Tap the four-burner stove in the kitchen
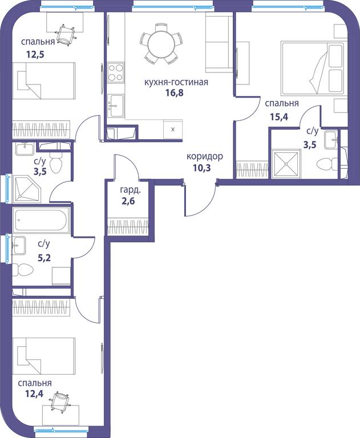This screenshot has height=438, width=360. click(x=115, y=72)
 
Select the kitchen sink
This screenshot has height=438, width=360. click(x=115, y=106)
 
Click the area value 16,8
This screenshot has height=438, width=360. click(x=174, y=92)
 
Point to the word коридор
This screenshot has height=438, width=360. click(x=205, y=156)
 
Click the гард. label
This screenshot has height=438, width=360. click(x=130, y=190)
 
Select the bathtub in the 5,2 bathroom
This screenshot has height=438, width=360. click(x=41, y=220)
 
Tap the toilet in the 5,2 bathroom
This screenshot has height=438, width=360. click(x=23, y=270)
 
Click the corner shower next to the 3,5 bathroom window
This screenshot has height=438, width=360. click(x=27, y=189)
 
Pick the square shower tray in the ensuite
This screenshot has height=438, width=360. click(x=286, y=164)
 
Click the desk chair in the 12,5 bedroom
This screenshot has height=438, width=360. click(x=66, y=35)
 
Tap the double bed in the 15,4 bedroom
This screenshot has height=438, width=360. click(x=312, y=68)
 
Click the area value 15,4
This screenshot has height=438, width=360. click(x=278, y=117)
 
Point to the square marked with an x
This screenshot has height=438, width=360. click(x=173, y=129)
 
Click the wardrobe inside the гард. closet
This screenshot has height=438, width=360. click(x=128, y=226)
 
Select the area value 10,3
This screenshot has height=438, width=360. click(x=201, y=168)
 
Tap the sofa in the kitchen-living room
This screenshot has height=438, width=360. click(x=219, y=42)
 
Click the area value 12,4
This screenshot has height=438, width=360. click(x=34, y=394)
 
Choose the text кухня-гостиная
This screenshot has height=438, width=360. click(x=176, y=82)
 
